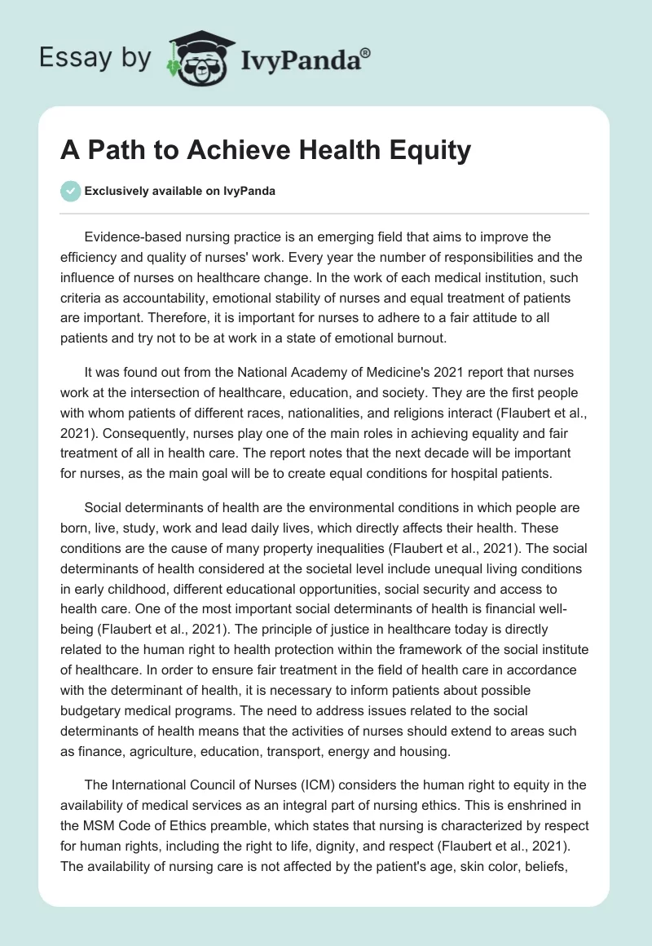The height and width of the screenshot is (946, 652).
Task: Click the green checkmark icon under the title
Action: [70, 190]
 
